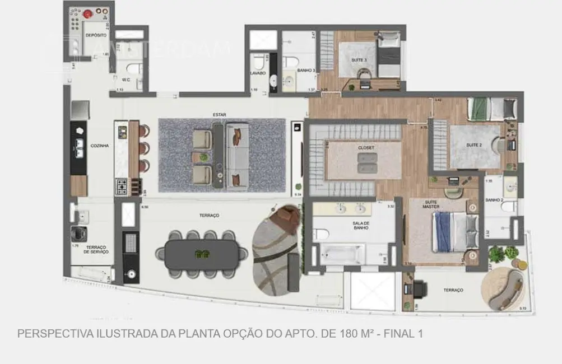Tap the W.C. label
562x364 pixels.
tap(126, 80)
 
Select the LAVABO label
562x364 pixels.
tap(257, 73)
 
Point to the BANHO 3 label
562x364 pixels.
tap(306, 71)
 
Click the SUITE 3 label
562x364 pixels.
tap(359, 60)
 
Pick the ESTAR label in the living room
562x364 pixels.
tap(219, 114)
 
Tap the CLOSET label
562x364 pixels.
tap(366, 147)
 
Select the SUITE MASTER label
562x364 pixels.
tap(431, 204)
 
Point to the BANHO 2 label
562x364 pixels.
tap(494, 200)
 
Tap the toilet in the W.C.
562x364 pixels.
tap(133, 69)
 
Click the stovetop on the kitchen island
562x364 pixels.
tap(121, 185)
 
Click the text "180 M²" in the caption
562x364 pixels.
tap(356, 334)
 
